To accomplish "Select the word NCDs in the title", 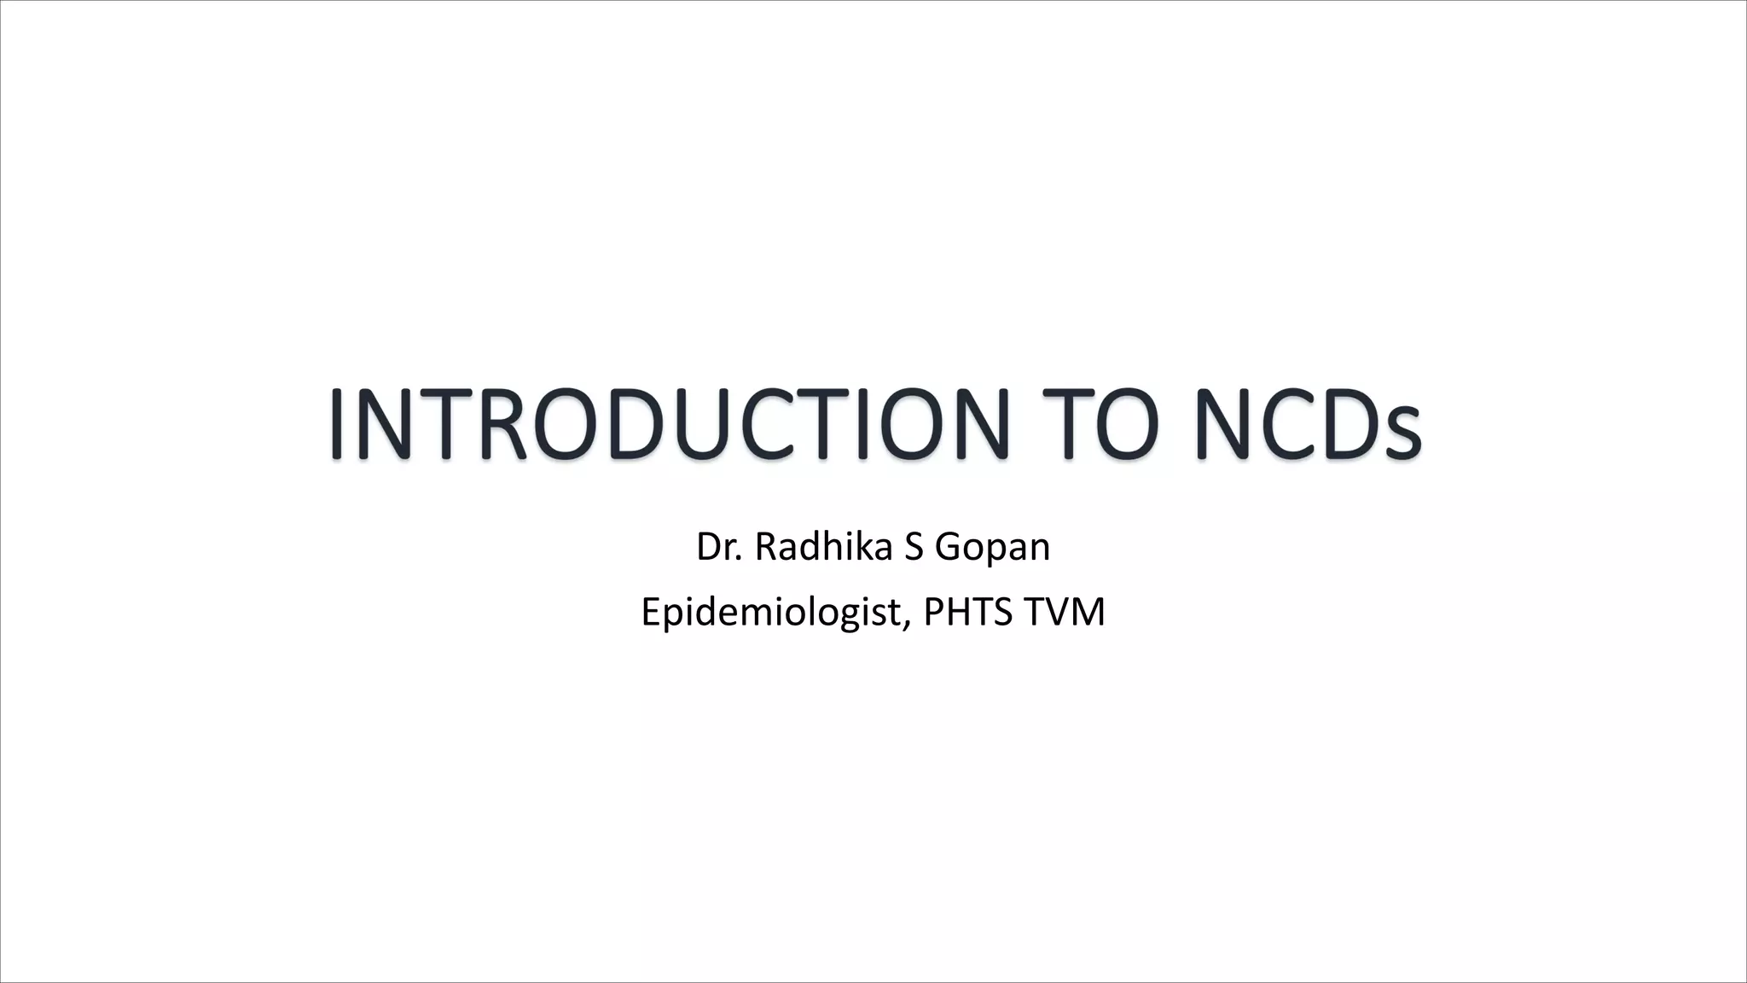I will click(x=1308, y=424).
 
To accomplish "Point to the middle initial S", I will click(x=912, y=547).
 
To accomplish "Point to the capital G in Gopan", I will click(x=948, y=547).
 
